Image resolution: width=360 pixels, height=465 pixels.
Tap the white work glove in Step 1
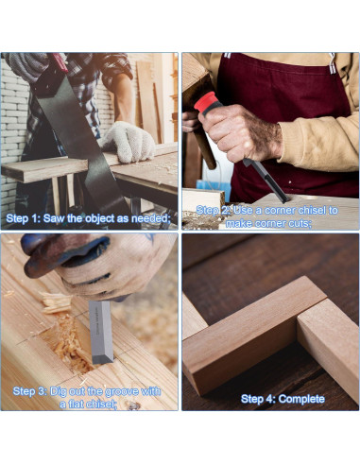click(129, 142)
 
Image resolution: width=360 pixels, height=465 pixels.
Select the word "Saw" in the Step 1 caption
click(61, 218)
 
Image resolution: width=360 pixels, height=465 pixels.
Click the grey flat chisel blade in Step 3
click(101, 331)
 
